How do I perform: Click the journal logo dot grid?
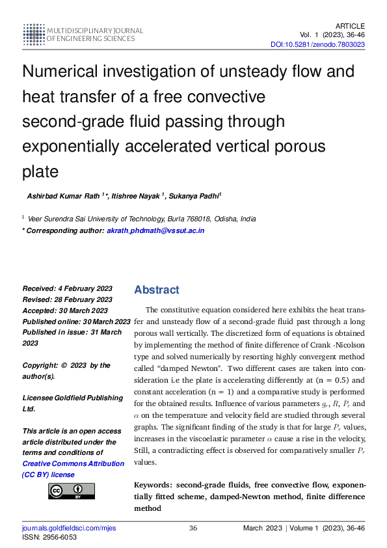point(33,34)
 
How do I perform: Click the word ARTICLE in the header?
point(350,25)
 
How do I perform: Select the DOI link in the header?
point(317,44)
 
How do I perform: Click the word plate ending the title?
point(40,172)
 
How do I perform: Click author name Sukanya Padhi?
point(194,196)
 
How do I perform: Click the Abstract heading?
point(157,290)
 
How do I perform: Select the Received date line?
point(67,288)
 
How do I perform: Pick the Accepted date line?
point(65,310)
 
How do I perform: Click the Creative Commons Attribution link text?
point(73,463)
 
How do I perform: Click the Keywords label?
point(153,486)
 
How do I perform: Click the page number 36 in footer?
point(193,528)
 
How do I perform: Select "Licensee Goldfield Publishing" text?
point(72,398)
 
